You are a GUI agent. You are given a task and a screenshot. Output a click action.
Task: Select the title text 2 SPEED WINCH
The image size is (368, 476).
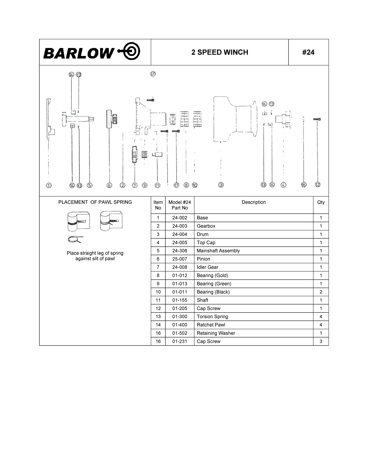[220, 52]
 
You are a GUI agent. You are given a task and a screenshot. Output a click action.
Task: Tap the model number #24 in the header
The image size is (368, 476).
[308, 52]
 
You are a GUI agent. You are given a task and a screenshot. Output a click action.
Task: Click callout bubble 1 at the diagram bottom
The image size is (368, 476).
[49, 185]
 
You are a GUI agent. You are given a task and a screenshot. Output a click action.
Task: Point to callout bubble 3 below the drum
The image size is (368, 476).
[221, 185]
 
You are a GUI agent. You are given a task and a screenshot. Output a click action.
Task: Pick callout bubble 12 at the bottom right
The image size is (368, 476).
[318, 185]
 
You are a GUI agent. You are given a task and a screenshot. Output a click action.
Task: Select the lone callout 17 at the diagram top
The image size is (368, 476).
[153, 74]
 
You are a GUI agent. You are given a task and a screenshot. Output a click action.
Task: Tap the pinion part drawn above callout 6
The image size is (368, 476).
[112, 119]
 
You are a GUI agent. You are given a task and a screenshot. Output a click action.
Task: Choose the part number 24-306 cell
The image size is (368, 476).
[180, 251]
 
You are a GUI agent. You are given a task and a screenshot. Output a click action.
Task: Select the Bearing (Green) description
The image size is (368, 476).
[214, 284]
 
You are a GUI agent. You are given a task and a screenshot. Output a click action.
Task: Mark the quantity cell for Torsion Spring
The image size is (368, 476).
[321, 317]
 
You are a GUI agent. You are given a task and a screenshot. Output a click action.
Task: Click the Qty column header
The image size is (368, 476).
[321, 202]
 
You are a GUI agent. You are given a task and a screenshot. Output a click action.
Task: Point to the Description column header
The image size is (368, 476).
[254, 202]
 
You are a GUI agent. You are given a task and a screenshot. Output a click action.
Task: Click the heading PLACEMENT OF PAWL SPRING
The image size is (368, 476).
[95, 202]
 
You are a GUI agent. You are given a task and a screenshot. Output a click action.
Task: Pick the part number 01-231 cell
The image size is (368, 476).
[180, 341]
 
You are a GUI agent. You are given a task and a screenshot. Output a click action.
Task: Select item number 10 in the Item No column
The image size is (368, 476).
[158, 292]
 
